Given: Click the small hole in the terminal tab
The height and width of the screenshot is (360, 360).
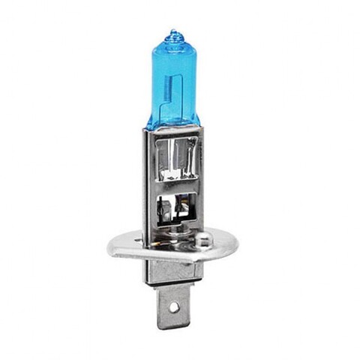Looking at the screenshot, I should (x=176, y=307).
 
